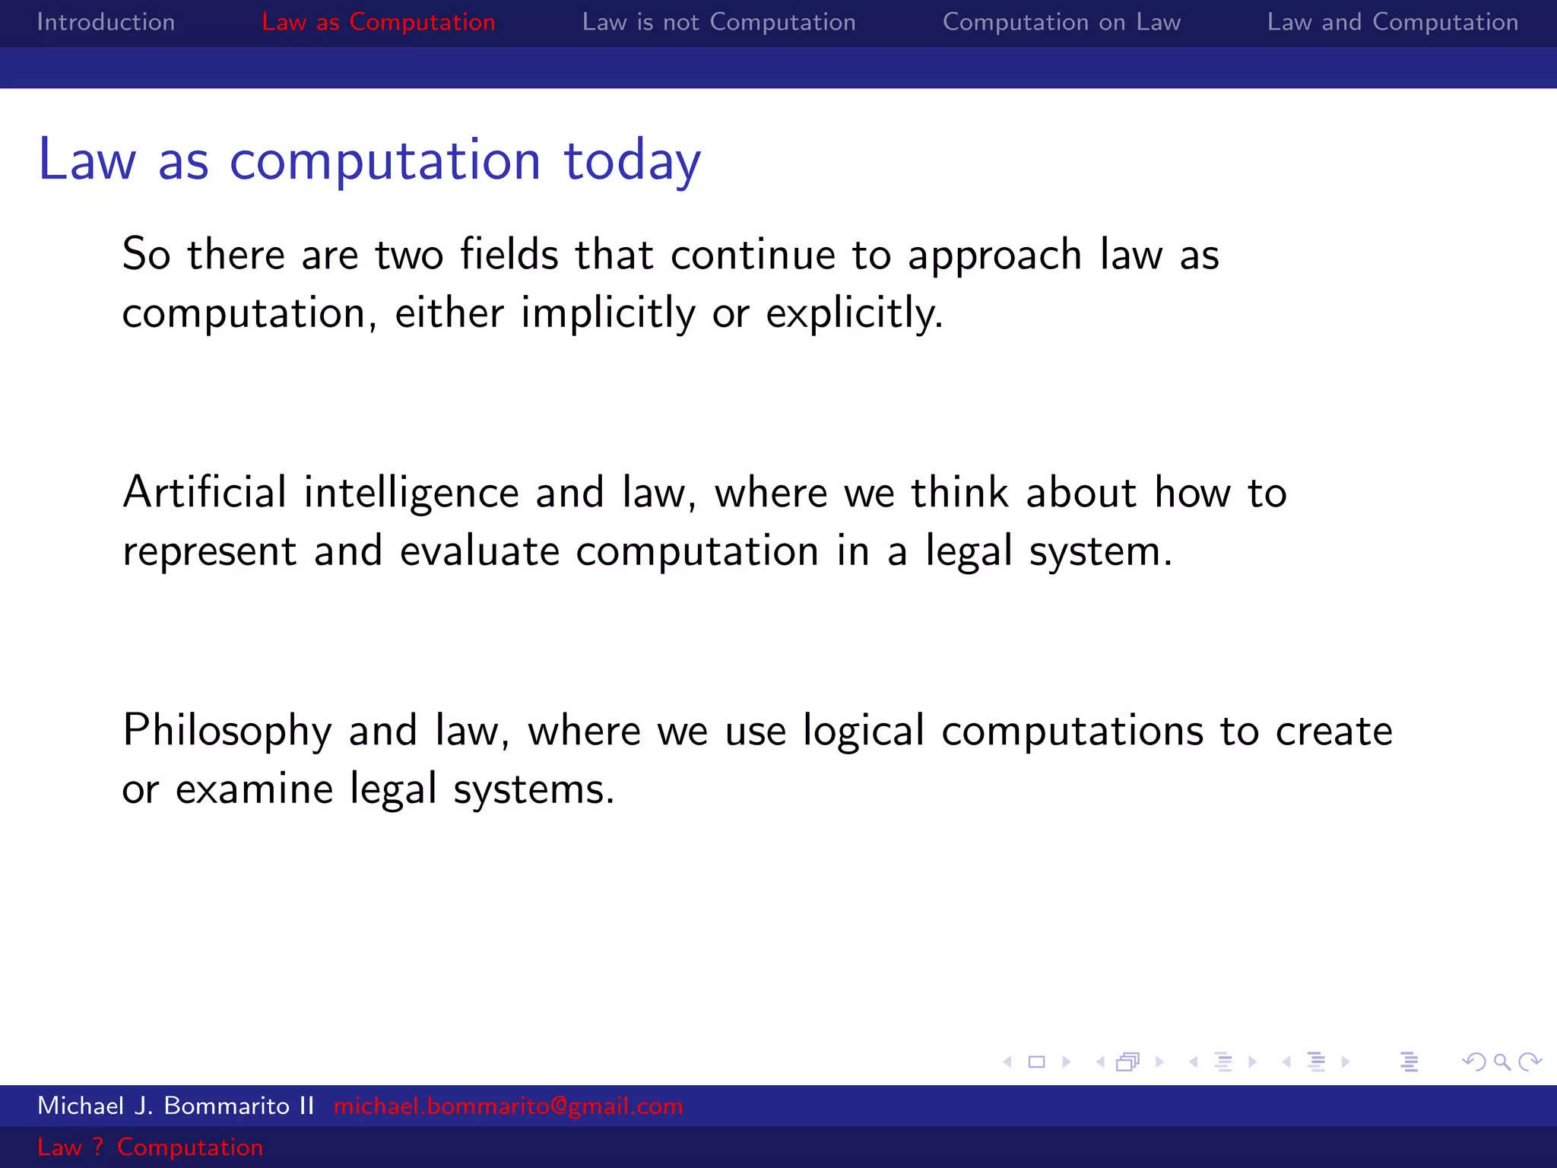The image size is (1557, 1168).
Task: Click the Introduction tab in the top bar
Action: coord(106,22)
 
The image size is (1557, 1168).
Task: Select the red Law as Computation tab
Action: coord(378,22)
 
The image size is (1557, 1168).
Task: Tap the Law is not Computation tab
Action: coord(718,22)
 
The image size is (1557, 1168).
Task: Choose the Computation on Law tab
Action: coord(1061,22)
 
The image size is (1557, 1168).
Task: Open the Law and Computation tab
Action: coord(1392,22)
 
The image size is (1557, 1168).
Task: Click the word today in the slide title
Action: coord(632,161)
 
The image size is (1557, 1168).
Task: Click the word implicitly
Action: coord(607,313)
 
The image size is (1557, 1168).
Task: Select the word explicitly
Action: coord(854,313)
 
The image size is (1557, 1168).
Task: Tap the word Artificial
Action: coord(205,492)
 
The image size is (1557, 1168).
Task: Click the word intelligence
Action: coord(411,494)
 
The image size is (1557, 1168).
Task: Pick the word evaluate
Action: coord(480,551)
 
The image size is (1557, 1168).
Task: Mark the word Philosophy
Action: coord(227,732)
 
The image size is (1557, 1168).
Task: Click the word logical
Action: coord(864,732)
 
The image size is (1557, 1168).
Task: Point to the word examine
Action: coord(254,789)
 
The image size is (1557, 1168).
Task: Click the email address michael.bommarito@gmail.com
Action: coord(508,1106)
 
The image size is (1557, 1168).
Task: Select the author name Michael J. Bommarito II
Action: coord(176,1106)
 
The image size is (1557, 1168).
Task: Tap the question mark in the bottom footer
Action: coord(98,1147)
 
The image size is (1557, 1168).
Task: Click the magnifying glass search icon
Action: coord(1502,1062)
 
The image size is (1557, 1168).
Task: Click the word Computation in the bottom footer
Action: coord(190,1147)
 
